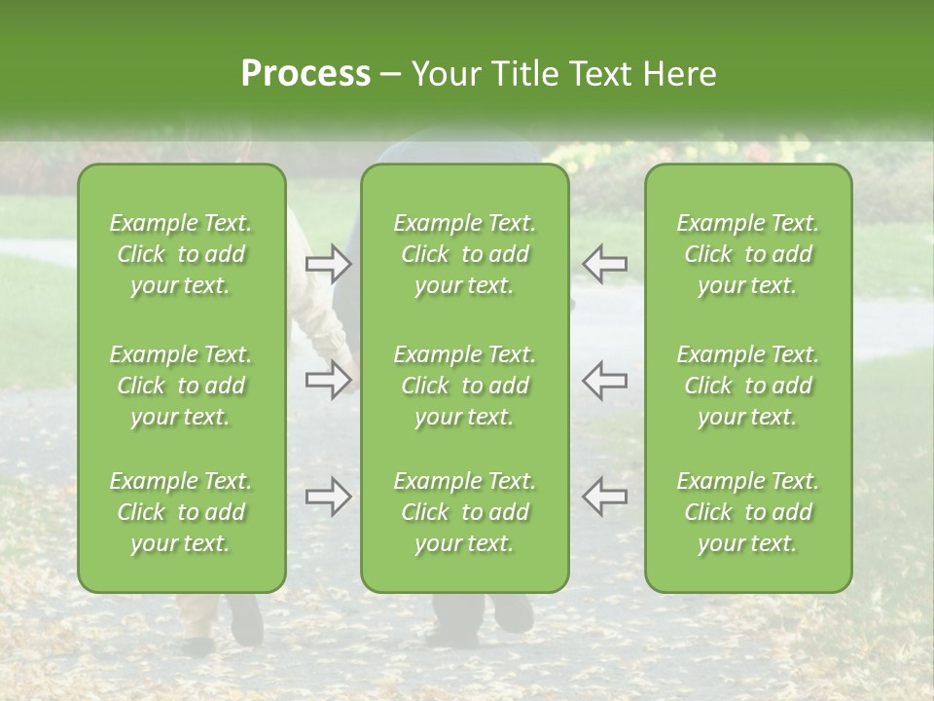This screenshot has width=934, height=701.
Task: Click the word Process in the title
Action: tap(305, 74)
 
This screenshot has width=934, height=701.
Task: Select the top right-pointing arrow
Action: tap(328, 264)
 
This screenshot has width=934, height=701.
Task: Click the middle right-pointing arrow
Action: tap(328, 380)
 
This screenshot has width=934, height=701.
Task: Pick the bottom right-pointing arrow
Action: tap(328, 498)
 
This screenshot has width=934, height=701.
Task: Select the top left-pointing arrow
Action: tap(605, 264)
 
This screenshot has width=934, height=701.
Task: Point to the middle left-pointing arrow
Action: tap(605, 380)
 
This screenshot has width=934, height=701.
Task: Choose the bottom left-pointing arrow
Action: tap(605, 498)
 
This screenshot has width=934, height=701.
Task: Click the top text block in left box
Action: tap(181, 254)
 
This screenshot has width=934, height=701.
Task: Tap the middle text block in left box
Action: tap(181, 386)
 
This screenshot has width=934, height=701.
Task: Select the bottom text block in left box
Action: tap(181, 512)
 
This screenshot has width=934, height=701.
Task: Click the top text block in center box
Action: tap(465, 254)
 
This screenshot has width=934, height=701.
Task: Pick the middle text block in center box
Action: tap(465, 386)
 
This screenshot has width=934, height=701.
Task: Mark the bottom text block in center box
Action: tap(465, 512)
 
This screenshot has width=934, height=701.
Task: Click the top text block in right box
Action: tap(748, 254)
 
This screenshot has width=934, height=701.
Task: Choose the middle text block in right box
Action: tap(748, 386)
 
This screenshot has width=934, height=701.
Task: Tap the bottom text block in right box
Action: tap(748, 512)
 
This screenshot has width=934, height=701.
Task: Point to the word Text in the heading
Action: tap(598, 74)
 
